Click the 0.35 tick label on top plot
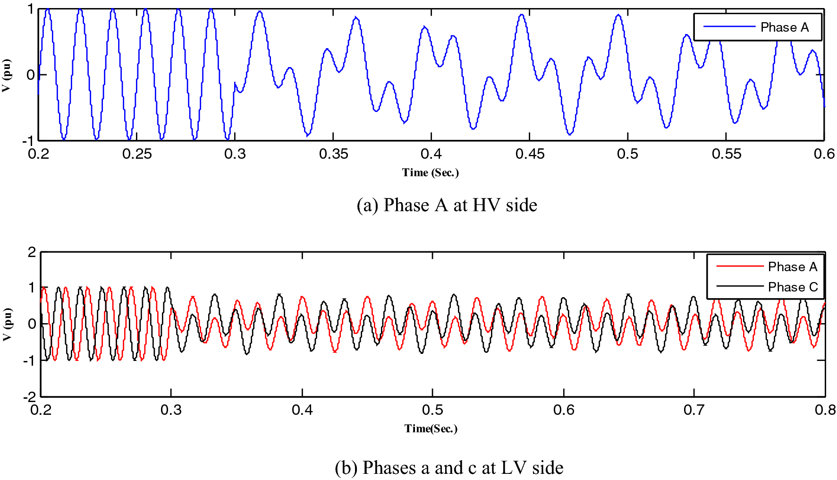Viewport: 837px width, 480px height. click(333, 154)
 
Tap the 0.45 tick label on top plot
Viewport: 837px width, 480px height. click(530, 154)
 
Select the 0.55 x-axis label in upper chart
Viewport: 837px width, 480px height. click(726, 154)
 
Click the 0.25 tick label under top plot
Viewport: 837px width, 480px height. click(137, 154)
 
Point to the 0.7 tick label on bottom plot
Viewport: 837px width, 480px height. click(694, 410)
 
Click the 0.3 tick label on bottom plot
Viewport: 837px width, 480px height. click(171, 410)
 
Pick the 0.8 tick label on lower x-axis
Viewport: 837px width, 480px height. click(825, 410)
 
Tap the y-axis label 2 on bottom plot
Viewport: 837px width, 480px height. click(32, 252)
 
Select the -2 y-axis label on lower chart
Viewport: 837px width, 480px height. click(29, 397)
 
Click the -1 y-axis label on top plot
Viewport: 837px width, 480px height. click(28, 141)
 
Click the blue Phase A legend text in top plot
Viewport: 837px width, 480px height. click(784, 27)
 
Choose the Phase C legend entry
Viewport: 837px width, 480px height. click(793, 287)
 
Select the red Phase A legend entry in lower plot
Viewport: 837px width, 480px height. click(792, 267)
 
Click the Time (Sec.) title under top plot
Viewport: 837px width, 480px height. click(430, 172)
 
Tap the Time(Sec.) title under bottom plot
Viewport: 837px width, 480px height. click(431, 429)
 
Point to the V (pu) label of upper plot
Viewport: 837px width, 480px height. click(6, 76)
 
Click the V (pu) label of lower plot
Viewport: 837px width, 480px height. click(7, 325)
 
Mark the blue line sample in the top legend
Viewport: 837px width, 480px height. click(729, 27)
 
